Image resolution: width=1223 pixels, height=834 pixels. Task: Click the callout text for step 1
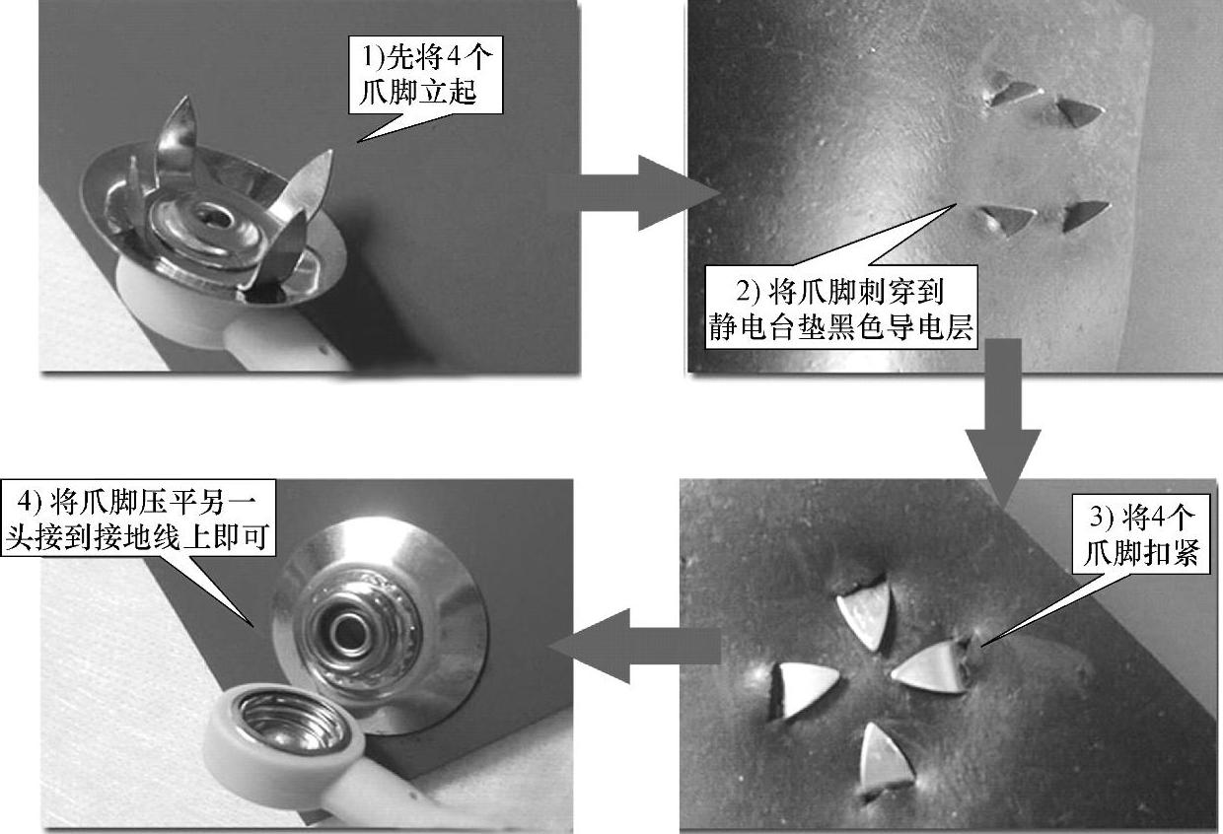(426, 75)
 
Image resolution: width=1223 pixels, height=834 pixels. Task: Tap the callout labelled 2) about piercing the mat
(840, 308)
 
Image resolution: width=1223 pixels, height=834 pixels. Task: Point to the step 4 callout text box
(138, 518)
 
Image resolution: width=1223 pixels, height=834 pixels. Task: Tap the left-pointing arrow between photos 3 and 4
(634, 647)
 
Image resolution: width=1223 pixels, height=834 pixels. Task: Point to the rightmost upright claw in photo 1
(306, 182)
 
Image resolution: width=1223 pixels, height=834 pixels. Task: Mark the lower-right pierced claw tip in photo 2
(1084, 216)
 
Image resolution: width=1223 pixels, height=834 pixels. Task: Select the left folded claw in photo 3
(803, 689)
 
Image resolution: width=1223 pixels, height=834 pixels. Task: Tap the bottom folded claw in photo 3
(885, 760)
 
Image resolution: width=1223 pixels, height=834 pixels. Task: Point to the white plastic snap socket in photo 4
(284, 731)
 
